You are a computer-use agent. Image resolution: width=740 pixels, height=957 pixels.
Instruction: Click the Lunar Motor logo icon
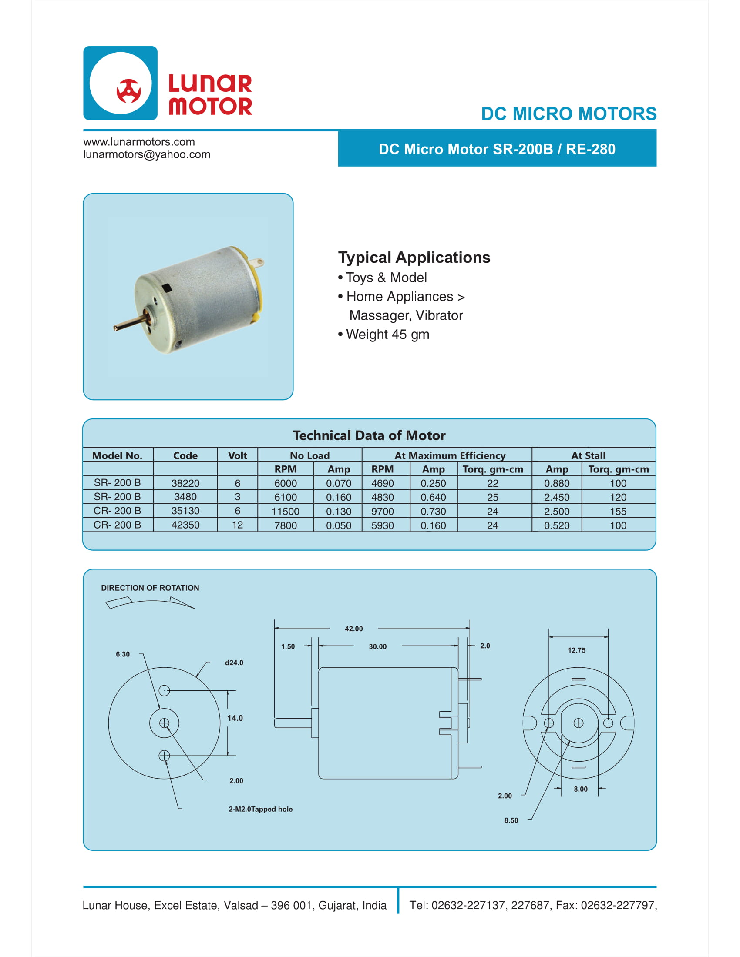(x=120, y=83)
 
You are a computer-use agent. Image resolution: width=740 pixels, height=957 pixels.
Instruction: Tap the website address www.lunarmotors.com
(x=139, y=142)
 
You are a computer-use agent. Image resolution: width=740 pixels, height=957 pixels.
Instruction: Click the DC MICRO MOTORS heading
(x=568, y=114)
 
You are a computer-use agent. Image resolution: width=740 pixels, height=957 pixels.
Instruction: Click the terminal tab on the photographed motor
(x=259, y=263)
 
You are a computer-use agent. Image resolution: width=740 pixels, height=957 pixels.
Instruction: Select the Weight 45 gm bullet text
(x=387, y=335)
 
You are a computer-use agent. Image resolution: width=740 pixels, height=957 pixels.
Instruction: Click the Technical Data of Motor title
(x=369, y=435)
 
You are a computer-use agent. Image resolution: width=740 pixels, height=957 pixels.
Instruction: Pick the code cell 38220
(x=185, y=483)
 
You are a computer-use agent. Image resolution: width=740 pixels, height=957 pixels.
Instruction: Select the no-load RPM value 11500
(x=286, y=512)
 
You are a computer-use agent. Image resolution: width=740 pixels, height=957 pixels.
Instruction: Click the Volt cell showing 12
(x=237, y=525)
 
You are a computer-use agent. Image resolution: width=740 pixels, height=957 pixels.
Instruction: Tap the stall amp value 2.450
(x=557, y=497)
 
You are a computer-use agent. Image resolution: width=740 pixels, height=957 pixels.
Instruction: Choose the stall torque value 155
(x=618, y=512)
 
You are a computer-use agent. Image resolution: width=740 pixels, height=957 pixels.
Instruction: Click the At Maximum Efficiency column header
(x=450, y=456)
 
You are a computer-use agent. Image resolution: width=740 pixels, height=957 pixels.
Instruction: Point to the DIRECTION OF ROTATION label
(x=150, y=588)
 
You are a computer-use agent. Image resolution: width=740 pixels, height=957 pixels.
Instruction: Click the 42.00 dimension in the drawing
(x=354, y=629)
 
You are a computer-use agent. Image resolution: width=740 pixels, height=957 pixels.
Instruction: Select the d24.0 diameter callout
(x=234, y=663)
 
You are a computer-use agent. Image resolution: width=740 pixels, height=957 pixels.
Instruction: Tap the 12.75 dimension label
(x=576, y=650)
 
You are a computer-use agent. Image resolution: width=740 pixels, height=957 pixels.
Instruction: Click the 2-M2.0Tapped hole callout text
(x=260, y=809)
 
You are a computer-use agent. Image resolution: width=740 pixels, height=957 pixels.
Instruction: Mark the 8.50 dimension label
(x=511, y=820)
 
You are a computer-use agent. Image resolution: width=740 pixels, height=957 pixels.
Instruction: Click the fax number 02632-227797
(x=618, y=905)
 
